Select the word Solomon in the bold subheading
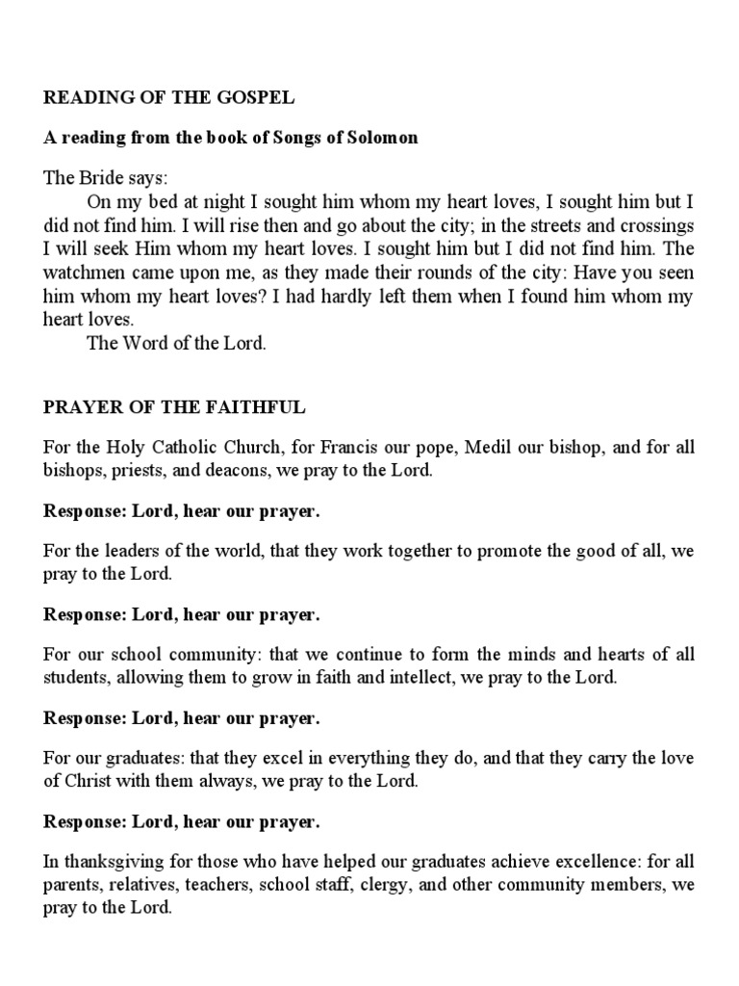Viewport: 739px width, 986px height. click(385, 138)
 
